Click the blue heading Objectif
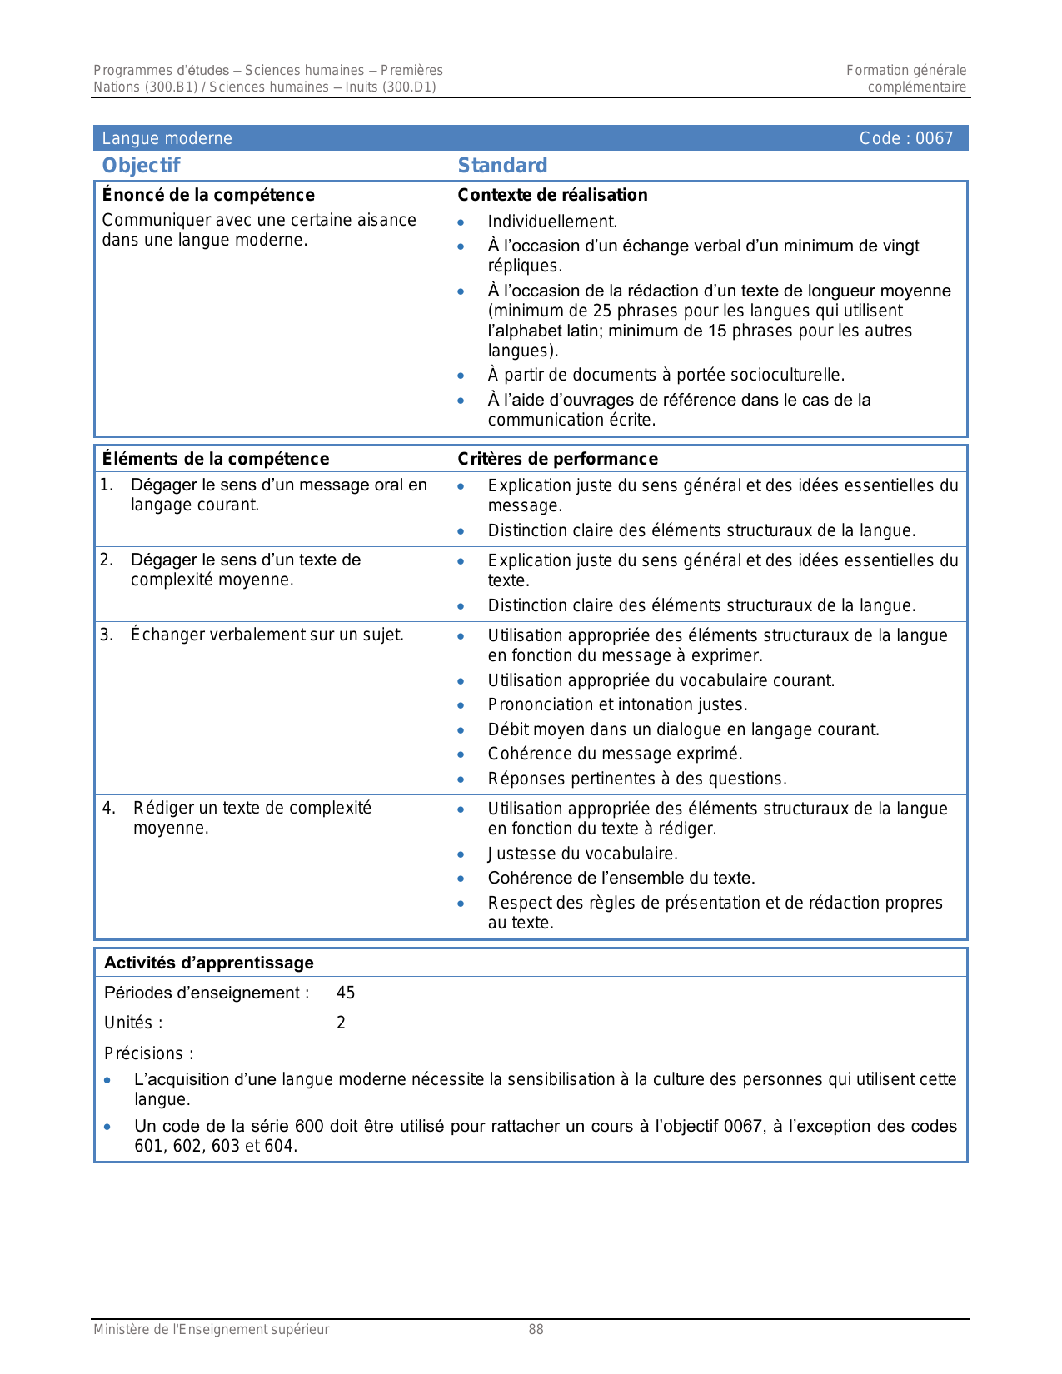pyautogui.click(x=141, y=166)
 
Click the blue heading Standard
pyautogui.click(x=502, y=166)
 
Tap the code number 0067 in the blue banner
pyautogui.click(x=934, y=138)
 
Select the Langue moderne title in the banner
pyautogui.click(x=167, y=138)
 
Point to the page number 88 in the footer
pyautogui.click(x=536, y=1330)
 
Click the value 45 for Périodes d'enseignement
pyautogui.click(x=346, y=993)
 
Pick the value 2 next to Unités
pyautogui.click(x=341, y=1023)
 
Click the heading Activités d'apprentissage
pyautogui.click(x=208, y=963)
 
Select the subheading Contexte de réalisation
pyautogui.click(x=552, y=195)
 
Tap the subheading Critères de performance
pyautogui.click(x=557, y=459)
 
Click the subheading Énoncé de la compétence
pyautogui.click(x=208, y=195)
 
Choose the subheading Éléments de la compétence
pyautogui.click(x=215, y=459)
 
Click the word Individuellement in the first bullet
pyautogui.click(x=551, y=222)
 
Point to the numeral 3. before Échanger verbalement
pyautogui.click(x=107, y=635)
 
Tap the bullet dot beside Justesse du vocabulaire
pyautogui.click(x=461, y=854)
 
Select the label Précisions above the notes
pyautogui.click(x=147, y=1053)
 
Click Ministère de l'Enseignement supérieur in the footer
pyautogui.click(x=211, y=1330)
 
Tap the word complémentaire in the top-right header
pyautogui.click(x=916, y=87)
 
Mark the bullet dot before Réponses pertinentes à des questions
pyautogui.click(x=461, y=779)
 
